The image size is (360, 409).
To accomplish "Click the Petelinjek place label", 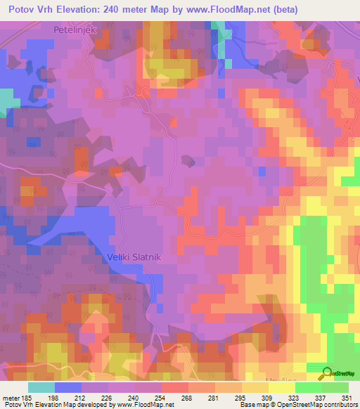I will (x=75, y=30).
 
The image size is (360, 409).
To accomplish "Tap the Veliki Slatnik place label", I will (x=136, y=257).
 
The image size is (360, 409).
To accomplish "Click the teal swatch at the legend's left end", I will (x=41, y=387).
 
